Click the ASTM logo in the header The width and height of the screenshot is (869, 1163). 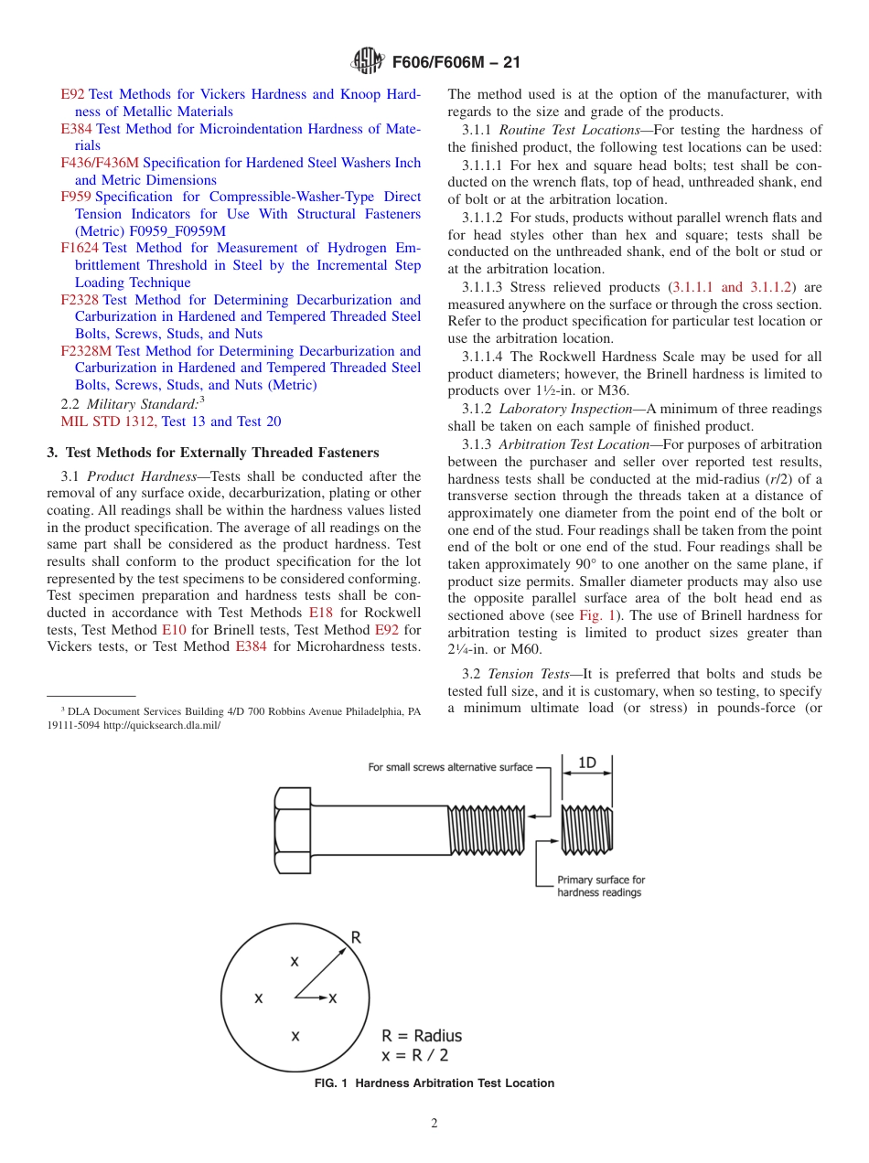368,63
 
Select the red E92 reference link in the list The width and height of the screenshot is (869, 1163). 72,94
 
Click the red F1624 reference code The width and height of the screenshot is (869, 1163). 80,248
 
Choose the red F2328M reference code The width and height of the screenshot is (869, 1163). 86,351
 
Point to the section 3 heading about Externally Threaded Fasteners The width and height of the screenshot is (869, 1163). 212,453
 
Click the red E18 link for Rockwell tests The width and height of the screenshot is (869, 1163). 321,613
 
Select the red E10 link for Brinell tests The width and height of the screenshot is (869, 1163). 174,630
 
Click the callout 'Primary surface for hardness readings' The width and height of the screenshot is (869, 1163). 601,886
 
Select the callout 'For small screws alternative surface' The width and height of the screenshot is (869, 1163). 450,767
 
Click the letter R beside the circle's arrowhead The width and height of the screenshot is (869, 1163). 356,937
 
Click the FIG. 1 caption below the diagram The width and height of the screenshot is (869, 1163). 434,1083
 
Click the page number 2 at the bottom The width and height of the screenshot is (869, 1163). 434,1124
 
